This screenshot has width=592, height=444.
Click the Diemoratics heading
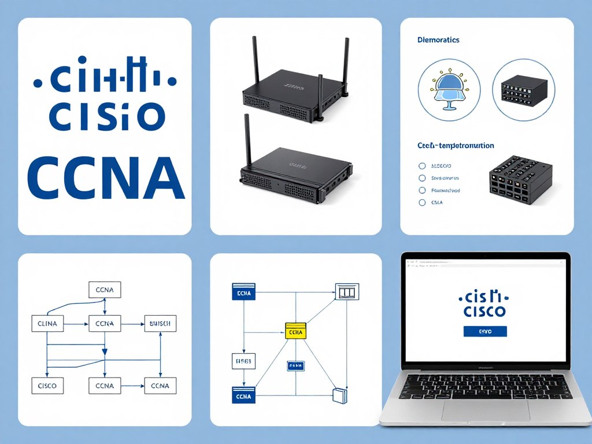coord(438,40)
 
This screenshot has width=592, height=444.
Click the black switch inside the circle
coord(523,91)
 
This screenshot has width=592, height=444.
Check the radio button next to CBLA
coord(421,203)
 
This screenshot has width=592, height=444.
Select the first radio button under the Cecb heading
coord(421,165)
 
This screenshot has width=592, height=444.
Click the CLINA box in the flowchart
coord(47,324)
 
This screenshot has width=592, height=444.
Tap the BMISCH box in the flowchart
coord(160,324)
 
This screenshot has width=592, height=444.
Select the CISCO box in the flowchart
coord(47,386)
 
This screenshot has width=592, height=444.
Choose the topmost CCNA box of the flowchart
coord(104,290)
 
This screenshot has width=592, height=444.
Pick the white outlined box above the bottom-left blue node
coord(242,362)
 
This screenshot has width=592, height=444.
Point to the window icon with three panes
coord(347,292)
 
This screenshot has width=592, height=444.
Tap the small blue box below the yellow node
coord(295,365)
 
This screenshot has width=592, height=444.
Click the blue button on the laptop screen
coord(485,332)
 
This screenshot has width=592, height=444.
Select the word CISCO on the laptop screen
coord(485,312)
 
